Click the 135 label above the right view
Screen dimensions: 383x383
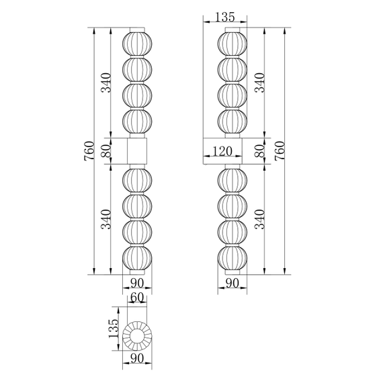225,18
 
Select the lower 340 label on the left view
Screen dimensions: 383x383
105,218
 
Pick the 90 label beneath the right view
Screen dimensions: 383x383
232,283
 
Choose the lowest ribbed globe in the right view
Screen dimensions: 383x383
232,259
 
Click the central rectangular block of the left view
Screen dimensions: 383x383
136,151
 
